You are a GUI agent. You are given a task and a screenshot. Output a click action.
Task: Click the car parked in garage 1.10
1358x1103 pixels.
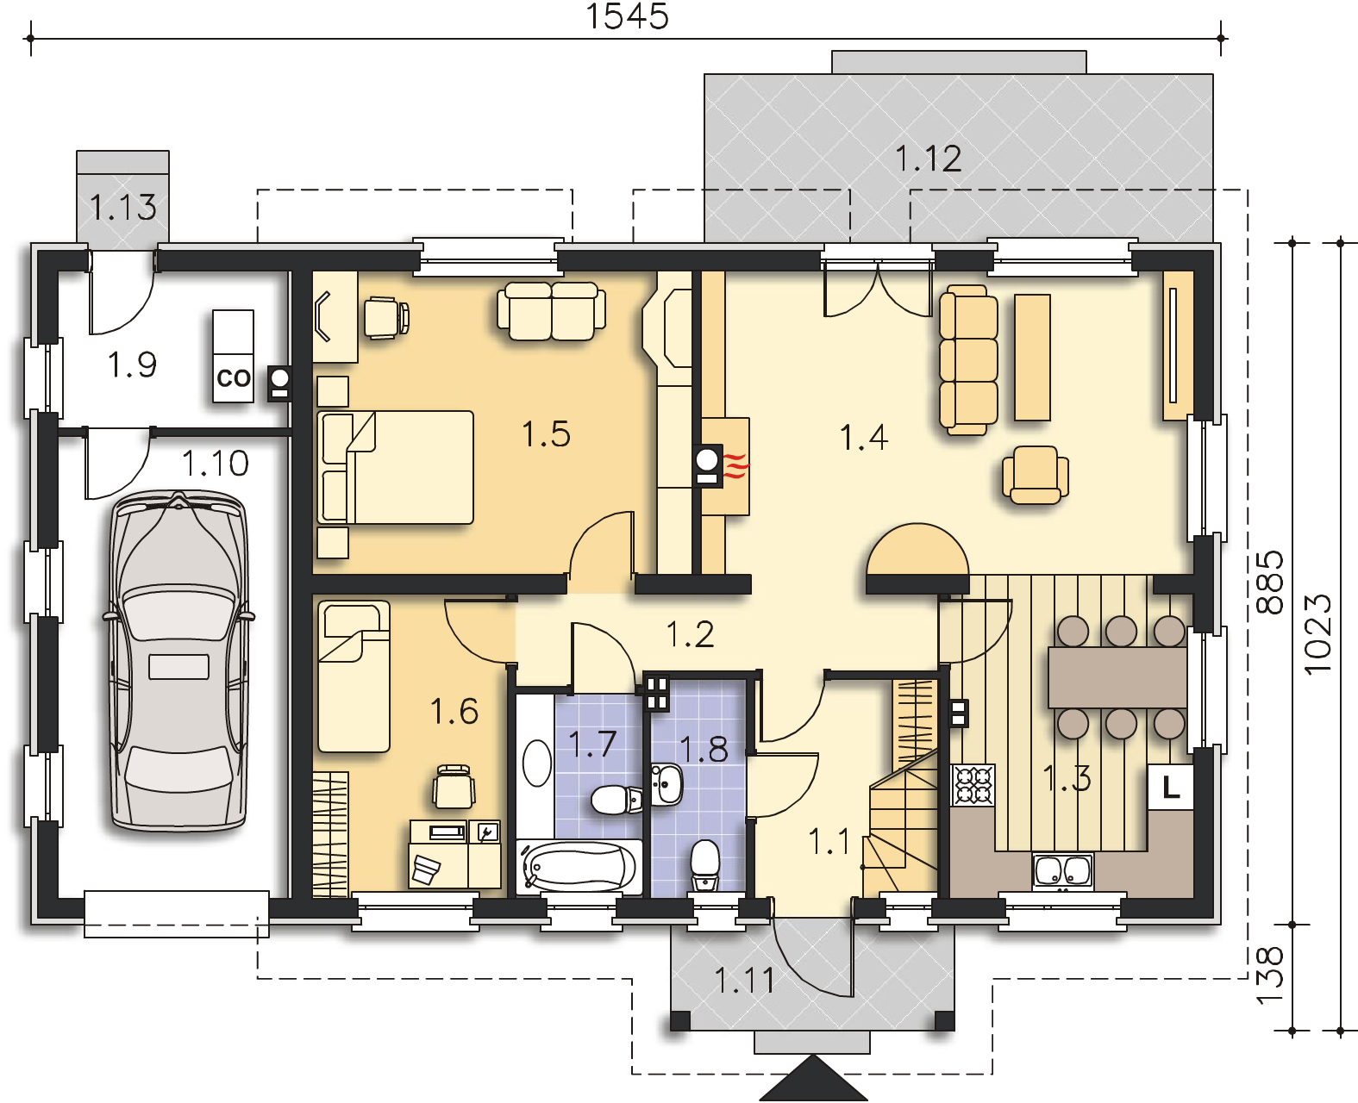click(178, 662)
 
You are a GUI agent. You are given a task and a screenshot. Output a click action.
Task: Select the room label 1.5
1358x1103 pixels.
click(546, 434)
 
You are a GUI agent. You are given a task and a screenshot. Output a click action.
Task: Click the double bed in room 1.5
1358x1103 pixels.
click(395, 467)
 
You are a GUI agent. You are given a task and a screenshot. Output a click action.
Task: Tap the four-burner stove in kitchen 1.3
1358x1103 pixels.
click(973, 785)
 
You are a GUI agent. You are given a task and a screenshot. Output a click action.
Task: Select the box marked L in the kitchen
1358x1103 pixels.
click(1171, 788)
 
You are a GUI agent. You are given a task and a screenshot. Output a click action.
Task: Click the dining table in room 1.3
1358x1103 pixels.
click(1117, 677)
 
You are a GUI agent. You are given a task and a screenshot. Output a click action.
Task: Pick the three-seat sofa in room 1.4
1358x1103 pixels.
click(968, 360)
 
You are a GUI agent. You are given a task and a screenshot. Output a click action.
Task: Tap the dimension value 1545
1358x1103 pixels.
click(628, 16)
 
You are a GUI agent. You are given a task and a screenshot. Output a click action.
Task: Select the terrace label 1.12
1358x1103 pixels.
click(929, 159)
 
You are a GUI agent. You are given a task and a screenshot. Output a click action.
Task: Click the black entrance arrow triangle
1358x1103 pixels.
click(814, 1078)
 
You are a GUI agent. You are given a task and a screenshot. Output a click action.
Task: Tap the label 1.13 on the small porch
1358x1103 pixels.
click(123, 207)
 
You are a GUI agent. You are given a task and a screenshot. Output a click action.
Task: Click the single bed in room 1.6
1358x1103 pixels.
click(354, 676)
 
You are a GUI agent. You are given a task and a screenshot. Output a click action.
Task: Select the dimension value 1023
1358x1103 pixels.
click(1317, 634)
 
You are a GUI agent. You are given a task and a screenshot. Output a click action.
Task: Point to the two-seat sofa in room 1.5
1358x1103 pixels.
click(552, 312)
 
